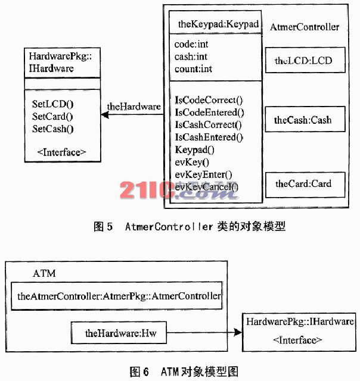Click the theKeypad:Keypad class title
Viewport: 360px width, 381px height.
218,24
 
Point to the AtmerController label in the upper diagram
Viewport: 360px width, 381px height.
305,27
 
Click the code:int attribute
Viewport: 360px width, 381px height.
191,45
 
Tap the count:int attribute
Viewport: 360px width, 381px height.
193,69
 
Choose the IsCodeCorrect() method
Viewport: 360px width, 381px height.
209,99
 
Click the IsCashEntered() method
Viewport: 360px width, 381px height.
209,137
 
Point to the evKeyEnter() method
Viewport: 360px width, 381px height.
204,174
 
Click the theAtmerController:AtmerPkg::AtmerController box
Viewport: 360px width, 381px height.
119,295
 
